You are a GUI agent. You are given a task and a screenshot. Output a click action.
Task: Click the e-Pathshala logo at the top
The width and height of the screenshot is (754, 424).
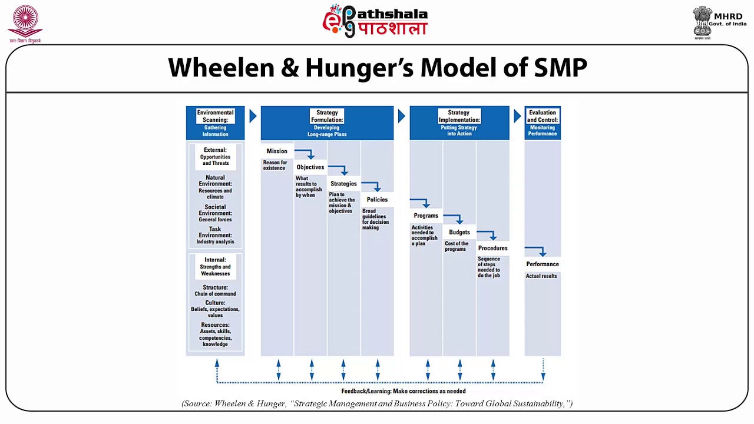(375, 21)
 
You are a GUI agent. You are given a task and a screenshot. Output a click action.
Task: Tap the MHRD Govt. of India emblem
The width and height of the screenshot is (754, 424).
(702, 22)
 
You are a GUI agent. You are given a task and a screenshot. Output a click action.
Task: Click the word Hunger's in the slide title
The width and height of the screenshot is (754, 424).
(359, 68)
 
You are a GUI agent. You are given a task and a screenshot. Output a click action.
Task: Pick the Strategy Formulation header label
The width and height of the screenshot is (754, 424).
(327, 116)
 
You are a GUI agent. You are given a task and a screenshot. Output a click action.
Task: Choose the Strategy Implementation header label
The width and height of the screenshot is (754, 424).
(459, 116)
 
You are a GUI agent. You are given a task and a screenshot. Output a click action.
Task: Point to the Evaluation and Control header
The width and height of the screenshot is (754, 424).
(542, 116)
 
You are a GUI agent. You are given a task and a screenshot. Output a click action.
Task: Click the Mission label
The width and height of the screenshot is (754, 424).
(277, 151)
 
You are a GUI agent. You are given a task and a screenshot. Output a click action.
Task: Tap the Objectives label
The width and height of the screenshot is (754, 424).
(310, 167)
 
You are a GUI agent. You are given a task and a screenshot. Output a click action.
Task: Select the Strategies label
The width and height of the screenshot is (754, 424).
(343, 184)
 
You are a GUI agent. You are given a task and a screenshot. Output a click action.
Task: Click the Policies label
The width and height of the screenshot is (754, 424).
(377, 200)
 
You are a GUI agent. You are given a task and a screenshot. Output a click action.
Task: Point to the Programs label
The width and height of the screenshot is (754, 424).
(426, 216)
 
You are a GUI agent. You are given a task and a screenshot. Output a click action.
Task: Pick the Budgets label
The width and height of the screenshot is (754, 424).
(459, 232)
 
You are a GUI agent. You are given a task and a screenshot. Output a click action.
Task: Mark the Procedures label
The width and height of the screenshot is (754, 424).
(492, 248)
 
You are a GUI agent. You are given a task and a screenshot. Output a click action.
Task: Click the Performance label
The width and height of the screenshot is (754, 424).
(543, 264)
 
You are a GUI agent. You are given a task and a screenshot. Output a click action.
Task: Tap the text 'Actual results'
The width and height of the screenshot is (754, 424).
(541, 276)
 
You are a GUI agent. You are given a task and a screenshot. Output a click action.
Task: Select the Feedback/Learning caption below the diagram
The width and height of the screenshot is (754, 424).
(404, 391)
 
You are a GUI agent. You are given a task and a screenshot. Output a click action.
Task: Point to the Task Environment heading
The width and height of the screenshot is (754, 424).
(215, 232)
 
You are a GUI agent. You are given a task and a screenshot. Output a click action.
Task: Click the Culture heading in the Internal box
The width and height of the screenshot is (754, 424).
(215, 303)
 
